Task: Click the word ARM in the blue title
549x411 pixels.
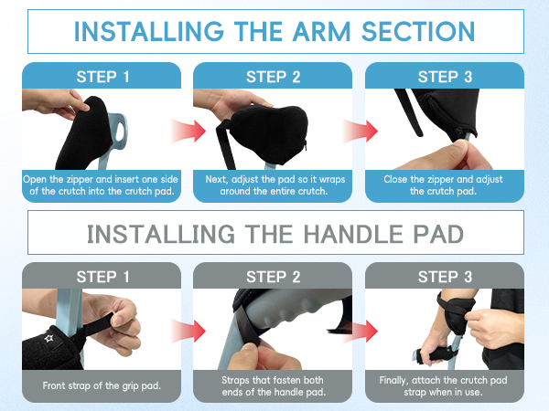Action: pos(321,31)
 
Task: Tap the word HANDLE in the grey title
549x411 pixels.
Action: pos(353,234)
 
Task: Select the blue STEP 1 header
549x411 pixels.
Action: pos(102,77)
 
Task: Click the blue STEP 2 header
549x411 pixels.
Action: pos(273,77)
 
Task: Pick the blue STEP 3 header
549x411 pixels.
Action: pos(445,77)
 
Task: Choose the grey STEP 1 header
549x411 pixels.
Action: pos(102,277)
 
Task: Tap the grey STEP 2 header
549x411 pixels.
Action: pos(273,277)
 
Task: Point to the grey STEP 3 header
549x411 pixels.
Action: pos(445,277)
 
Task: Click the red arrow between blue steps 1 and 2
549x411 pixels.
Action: pos(188,131)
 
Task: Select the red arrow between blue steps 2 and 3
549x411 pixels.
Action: pos(360,131)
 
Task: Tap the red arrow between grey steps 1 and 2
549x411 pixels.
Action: pos(188,331)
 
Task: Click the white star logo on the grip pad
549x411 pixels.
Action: pos(48,338)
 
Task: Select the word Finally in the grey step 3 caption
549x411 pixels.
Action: pos(393,380)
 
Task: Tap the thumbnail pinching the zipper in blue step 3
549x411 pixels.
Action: pos(461,144)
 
